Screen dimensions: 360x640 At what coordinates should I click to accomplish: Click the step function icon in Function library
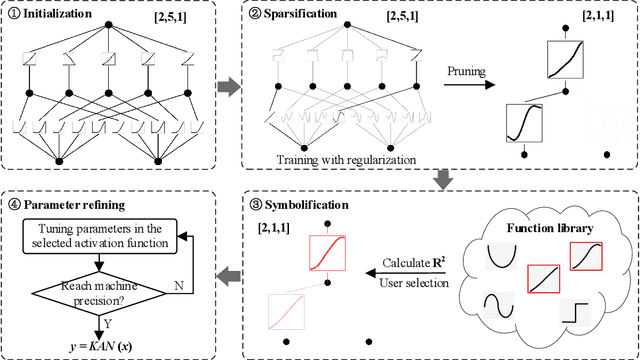[576, 311]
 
